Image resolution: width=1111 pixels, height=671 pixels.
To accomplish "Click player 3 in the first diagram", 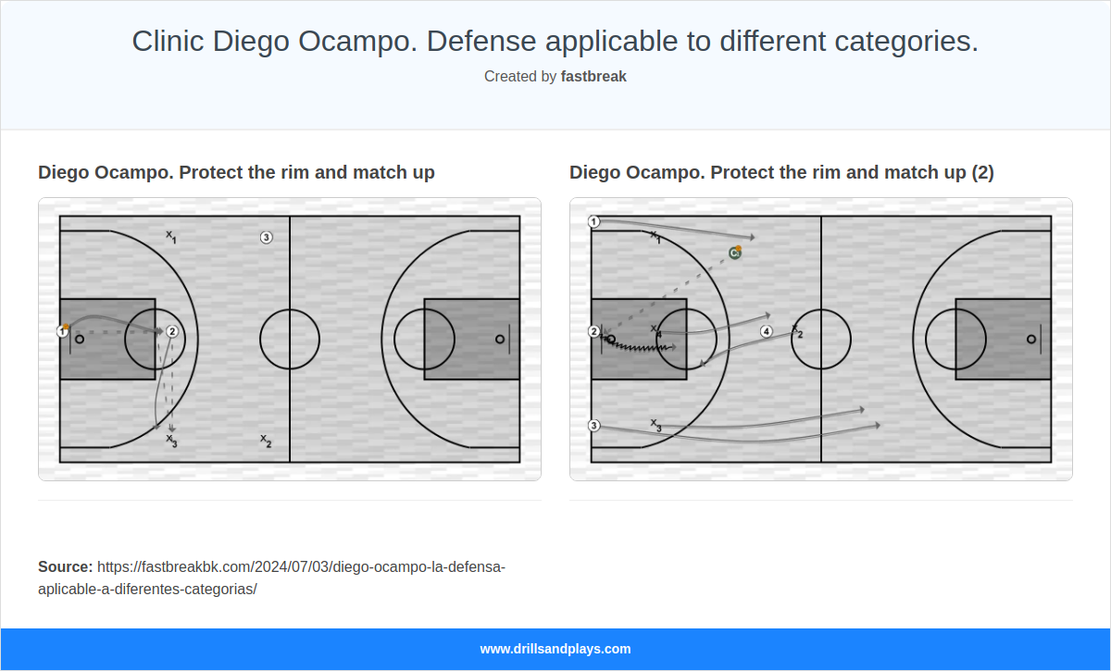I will [266, 238].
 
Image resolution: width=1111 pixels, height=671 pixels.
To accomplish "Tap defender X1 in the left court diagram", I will [171, 237].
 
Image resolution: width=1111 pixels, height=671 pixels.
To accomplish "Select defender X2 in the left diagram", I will [266, 441].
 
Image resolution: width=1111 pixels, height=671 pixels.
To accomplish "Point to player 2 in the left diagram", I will [172, 331].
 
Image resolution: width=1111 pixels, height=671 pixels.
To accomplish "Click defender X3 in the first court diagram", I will [171, 440].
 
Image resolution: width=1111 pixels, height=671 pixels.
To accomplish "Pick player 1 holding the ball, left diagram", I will [62, 330].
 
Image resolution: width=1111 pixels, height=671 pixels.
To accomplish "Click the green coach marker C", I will [734, 253].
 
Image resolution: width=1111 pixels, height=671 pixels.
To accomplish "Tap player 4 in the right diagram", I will [766, 331].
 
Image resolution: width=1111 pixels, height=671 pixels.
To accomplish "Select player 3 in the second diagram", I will [594, 426].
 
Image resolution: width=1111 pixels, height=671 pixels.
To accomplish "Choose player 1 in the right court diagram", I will [594, 222].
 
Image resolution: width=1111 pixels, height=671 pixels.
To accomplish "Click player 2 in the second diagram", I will [594, 331].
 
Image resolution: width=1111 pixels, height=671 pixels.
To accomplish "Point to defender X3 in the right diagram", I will [655, 425].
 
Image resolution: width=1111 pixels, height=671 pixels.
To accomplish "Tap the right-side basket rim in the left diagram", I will [500, 340].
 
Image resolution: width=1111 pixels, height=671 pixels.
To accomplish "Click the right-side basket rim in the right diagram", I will [1031, 340].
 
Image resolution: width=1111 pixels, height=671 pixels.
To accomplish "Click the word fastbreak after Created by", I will [593, 77].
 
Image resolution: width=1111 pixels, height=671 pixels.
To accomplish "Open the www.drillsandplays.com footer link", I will [555, 649].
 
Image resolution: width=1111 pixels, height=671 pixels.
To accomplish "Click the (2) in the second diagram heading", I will [983, 173].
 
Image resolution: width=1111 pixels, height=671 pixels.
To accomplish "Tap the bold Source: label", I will [66, 566].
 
